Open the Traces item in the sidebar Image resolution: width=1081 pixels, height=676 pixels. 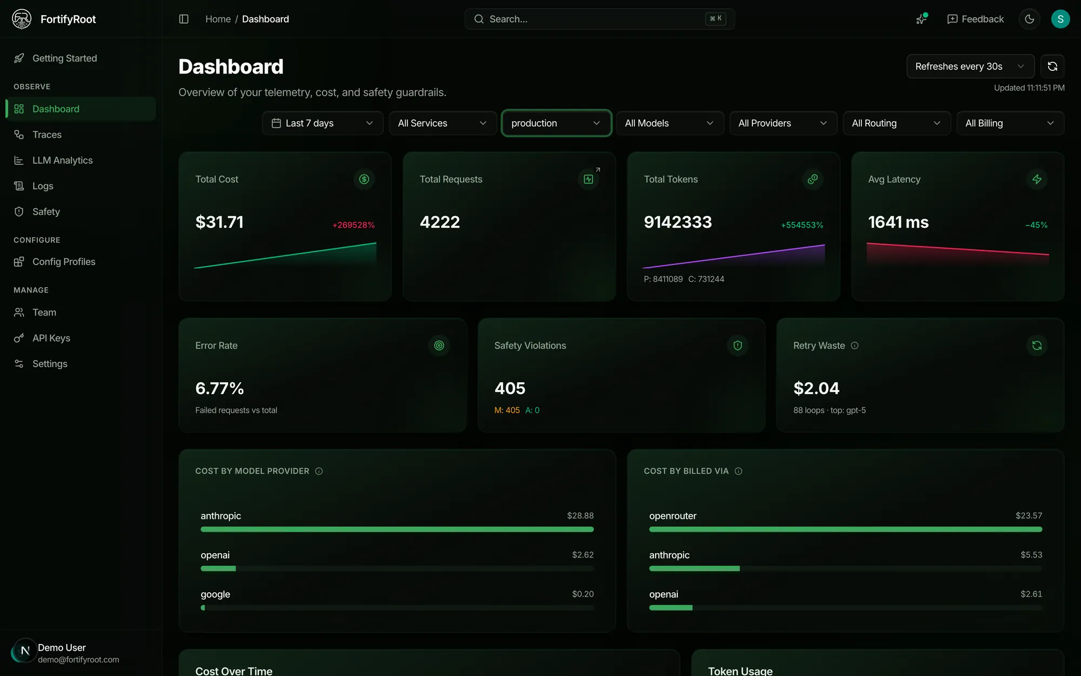click(x=47, y=135)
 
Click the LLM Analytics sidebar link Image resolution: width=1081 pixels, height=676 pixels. click(x=62, y=161)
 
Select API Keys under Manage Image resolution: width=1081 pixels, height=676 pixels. click(x=51, y=338)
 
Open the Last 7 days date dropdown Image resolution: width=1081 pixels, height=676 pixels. click(x=323, y=123)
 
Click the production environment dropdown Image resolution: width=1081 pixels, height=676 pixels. click(x=556, y=123)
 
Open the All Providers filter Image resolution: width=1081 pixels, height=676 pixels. click(x=783, y=123)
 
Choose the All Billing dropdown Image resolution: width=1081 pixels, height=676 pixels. click(x=1010, y=123)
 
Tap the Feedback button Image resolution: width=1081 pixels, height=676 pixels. click(x=976, y=19)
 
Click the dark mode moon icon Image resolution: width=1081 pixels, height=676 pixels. click(x=1030, y=19)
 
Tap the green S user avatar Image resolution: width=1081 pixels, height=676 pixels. click(x=1060, y=19)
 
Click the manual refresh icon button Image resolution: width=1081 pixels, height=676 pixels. click(x=1052, y=67)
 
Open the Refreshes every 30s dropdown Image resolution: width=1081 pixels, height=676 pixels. click(x=970, y=67)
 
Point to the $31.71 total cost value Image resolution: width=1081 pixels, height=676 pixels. click(x=219, y=222)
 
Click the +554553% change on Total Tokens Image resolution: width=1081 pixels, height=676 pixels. click(x=802, y=225)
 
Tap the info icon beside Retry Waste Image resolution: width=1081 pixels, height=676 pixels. click(x=855, y=346)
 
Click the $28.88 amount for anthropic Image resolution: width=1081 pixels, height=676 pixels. click(x=580, y=516)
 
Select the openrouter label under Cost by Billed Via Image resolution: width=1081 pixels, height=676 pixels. click(x=673, y=516)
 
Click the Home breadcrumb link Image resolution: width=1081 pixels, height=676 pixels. click(x=218, y=19)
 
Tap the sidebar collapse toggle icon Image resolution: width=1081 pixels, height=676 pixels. click(x=184, y=19)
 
